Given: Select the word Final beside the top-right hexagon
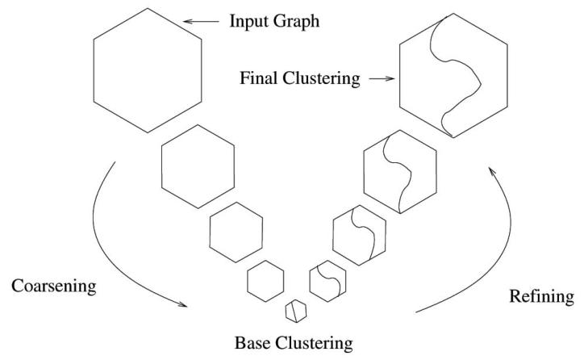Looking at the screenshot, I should (x=257, y=79).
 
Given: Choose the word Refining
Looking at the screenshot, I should (x=543, y=297).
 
